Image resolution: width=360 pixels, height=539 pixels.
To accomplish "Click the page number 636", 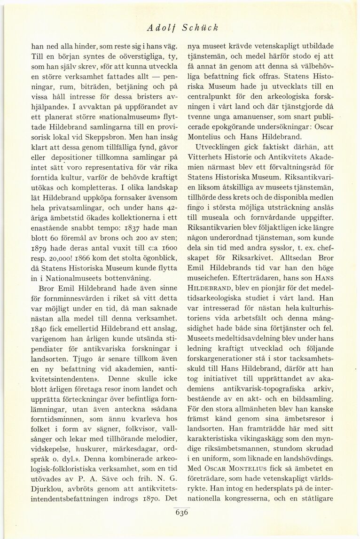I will tap(181, 513).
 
